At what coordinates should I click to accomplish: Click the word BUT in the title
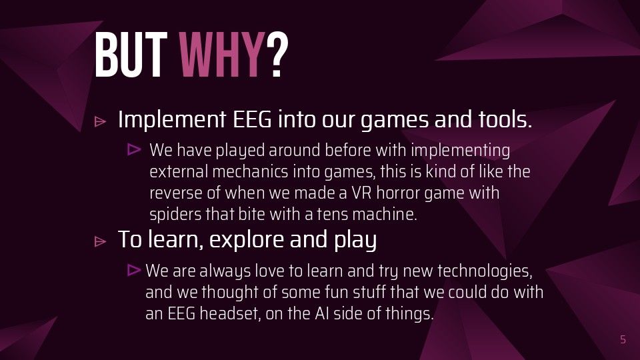[x=131, y=55]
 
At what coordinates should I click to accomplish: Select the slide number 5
[x=623, y=339]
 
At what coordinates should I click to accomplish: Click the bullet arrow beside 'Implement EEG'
[x=100, y=121]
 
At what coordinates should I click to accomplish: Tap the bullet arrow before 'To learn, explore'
[x=100, y=241]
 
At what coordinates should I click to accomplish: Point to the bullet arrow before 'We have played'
[x=134, y=149]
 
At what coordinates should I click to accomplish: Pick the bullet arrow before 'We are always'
[x=134, y=270]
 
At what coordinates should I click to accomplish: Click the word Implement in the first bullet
[x=172, y=119]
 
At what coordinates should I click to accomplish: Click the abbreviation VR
[x=361, y=193]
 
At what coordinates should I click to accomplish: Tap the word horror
[x=398, y=193]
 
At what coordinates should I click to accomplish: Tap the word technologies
[x=485, y=271]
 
